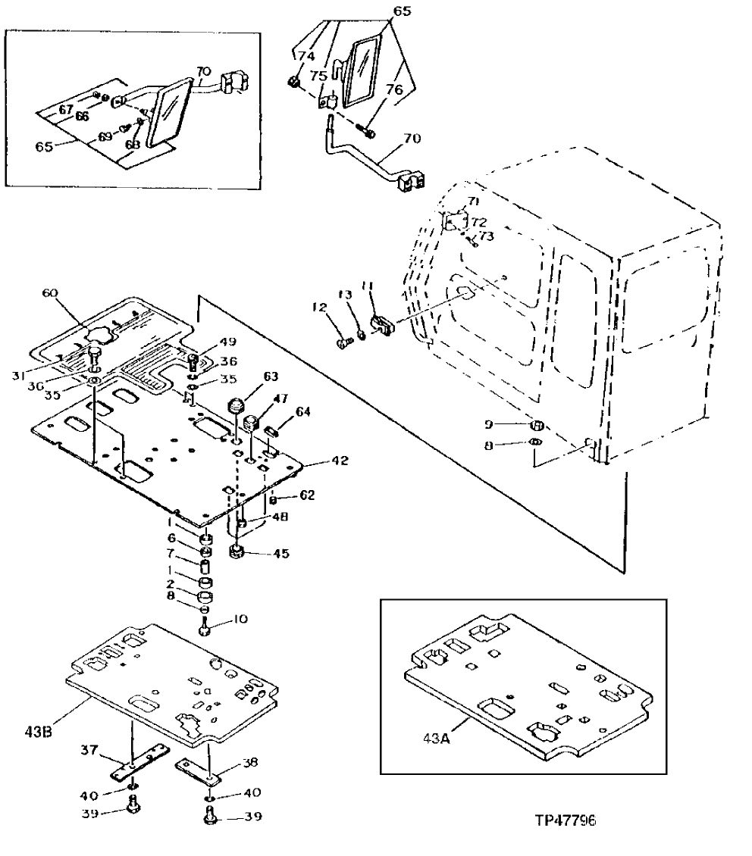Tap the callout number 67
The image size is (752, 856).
pyautogui.click(x=66, y=110)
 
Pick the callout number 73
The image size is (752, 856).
pyautogui.click(x=486, y=236)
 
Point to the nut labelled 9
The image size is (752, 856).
pyautogui.click(x=534, y=424)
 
